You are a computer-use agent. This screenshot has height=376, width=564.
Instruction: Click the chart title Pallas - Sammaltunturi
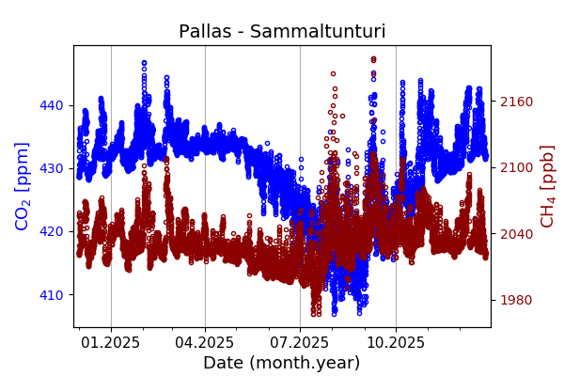pyautogui.click(x=282, y=32)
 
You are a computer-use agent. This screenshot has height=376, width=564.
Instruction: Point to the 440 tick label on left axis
pyautogui.click(x=54, y=105)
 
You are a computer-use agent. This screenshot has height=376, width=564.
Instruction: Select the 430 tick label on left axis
pyautogui.click(x=54, y=168)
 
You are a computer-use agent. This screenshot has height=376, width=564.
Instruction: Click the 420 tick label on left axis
pyautogui.click(x=54, y=231)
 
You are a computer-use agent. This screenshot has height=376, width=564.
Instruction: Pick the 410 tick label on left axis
pyautogui.click(x=54, y=295)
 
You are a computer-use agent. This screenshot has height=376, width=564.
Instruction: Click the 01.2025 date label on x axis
pyautogui.click(x=111, y=343)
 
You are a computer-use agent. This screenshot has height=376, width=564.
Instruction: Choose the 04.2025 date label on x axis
pyautogui.click(x=205, y=343)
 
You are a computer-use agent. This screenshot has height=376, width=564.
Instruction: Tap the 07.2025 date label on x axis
pyautogui.click(x=300, y=343)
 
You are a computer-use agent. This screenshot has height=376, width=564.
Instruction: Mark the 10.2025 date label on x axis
pyautogui.click(x=395, y=343)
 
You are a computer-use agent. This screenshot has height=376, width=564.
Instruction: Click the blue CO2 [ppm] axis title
pyautogui.click(x=23, y=185)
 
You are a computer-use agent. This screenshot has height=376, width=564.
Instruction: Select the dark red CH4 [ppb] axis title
pyautogui.click(x=547, y=185)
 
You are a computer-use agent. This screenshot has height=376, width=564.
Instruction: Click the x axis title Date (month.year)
pyautogui.click(x=282, y=363)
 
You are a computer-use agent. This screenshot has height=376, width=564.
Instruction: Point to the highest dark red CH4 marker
pyautogui.click(x=373, y=58)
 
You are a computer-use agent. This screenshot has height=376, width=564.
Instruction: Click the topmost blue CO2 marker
pyautogui.click(x=144, y=63)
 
